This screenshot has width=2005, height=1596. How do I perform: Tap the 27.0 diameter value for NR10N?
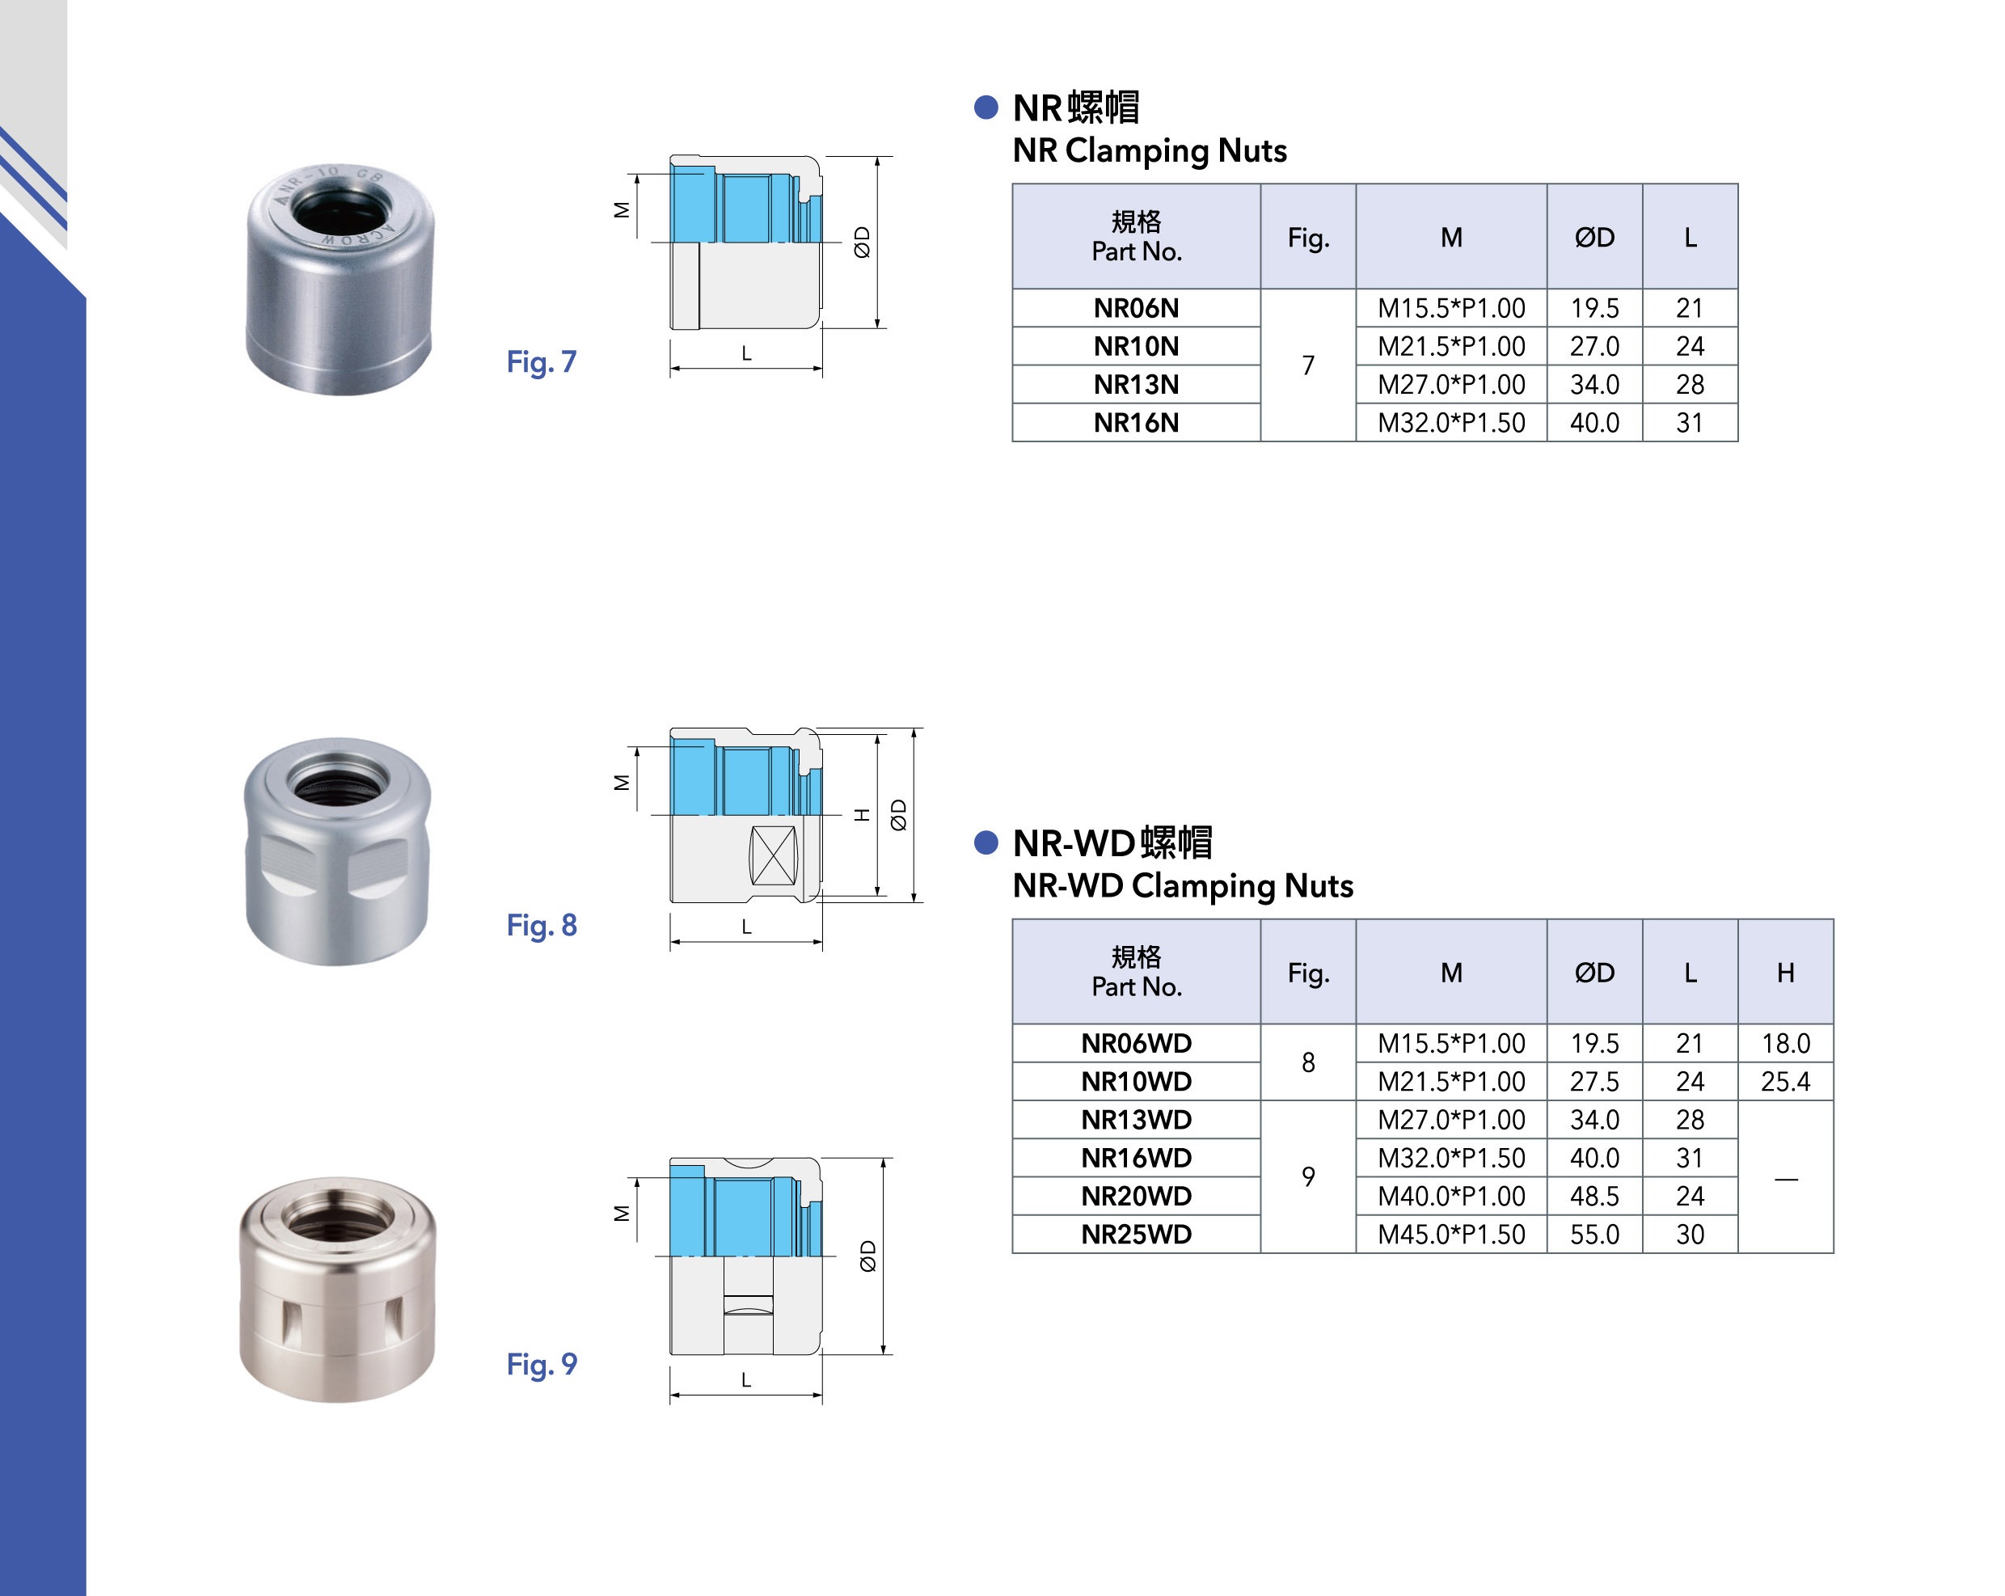[1594, 346]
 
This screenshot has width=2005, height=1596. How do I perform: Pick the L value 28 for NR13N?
[1689, 384]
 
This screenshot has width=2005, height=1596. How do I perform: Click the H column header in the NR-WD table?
[1786, 972]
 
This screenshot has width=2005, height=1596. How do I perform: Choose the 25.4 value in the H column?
[1786, 1082]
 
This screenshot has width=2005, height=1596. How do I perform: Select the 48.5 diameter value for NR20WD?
[1594, 1196]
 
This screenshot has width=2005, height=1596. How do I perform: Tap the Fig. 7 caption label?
[541, 361]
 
